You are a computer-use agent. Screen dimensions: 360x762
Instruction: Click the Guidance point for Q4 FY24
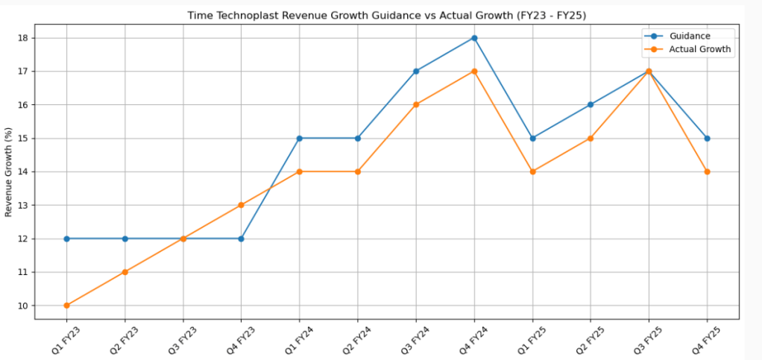[x=474, y=38]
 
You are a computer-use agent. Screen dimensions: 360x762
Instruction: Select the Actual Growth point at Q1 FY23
[x=67, y=306]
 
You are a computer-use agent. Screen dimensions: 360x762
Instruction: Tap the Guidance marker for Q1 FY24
[x=300, y=138]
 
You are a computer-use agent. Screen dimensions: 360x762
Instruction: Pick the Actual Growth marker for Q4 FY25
[x=707, y=171]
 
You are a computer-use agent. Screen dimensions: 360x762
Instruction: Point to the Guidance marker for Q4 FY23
[x=242, y=239]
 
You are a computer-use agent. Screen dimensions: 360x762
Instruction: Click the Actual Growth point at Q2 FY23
[x=125, y=272]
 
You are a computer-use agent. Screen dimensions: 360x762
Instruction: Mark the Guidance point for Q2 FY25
[x=591, y=104]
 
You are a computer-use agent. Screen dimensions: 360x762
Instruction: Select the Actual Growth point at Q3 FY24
[x=416, y=104]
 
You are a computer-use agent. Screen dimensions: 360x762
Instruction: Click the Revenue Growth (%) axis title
[x=9, y=171]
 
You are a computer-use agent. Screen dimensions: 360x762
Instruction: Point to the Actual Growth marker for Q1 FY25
[x=532, y=171]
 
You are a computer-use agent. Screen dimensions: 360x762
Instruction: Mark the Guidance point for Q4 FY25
[x=707, y=138]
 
